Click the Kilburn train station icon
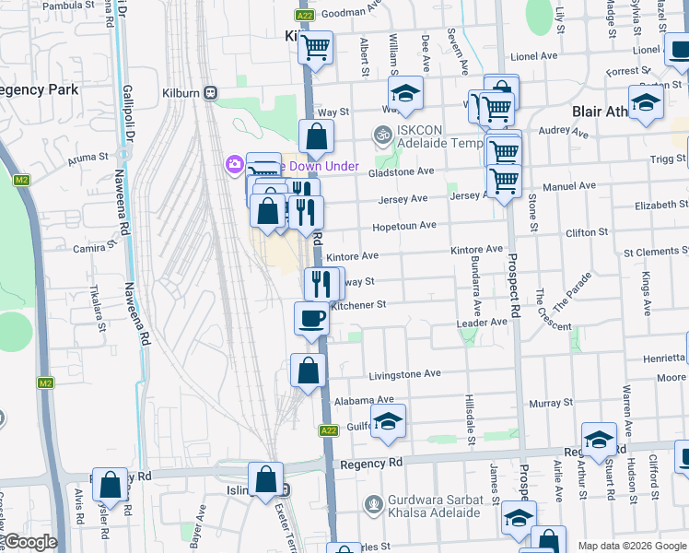point(211,92)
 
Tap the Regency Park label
point(39,89)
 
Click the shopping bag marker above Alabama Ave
point(308,371)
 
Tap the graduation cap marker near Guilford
point(389,421)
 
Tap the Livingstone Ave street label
point(405,374)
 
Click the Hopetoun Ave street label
point(403,226)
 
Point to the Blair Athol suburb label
point(599,112)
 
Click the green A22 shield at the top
point(305,15)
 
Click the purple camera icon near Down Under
point(234,165)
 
